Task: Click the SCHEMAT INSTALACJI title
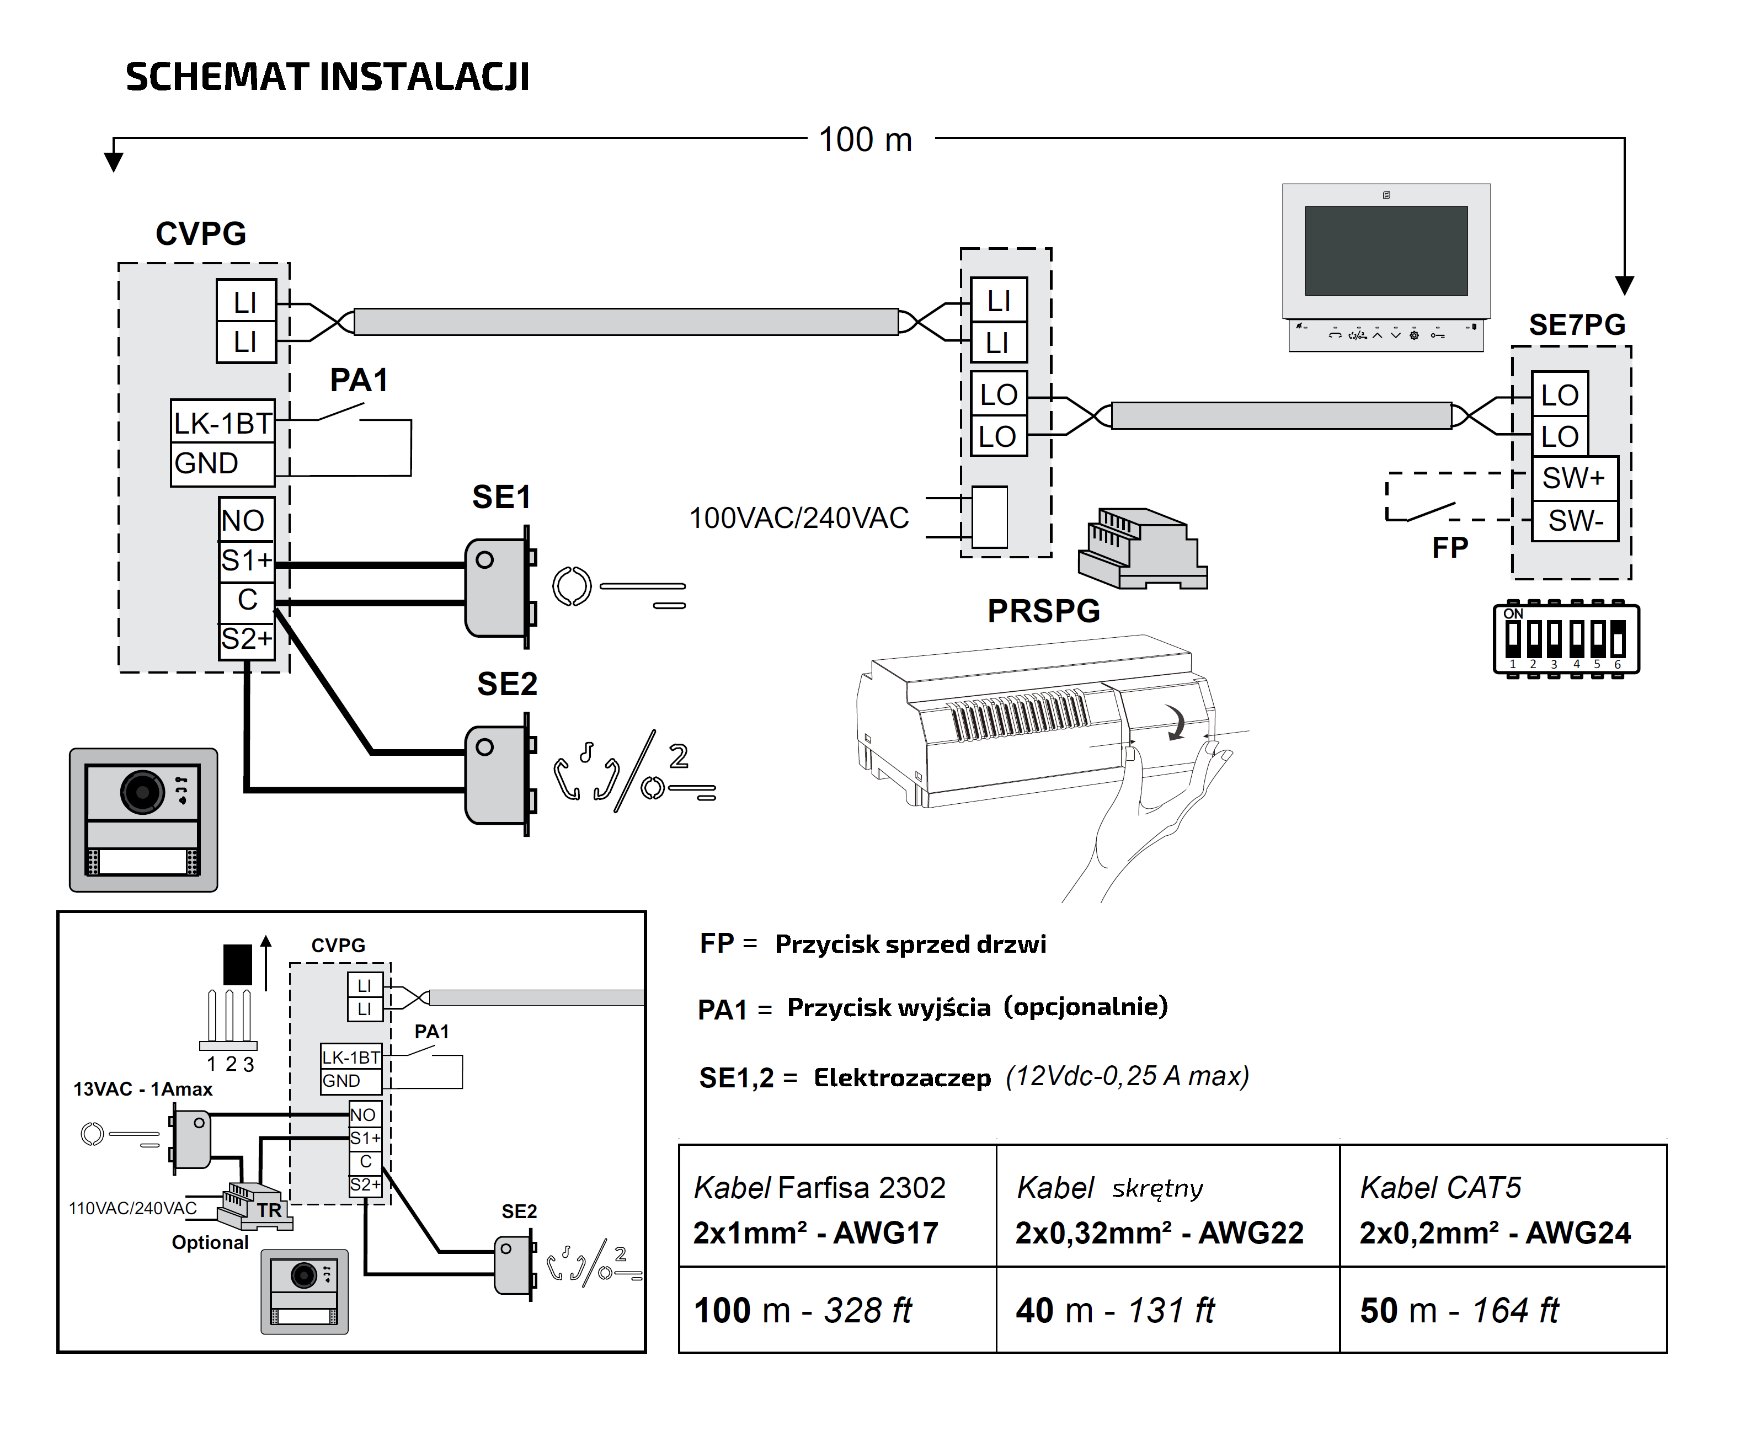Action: click(327, 76)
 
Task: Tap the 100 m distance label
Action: click(865, 140)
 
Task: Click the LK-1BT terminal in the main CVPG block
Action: click(222, 423)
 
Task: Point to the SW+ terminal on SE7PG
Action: click(1575, 478)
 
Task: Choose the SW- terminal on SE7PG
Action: click(1575, 520)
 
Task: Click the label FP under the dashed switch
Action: click(1450, 548)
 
